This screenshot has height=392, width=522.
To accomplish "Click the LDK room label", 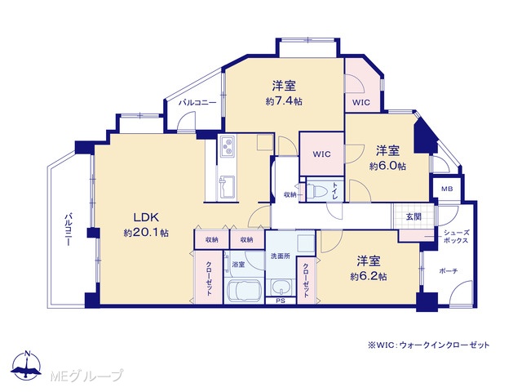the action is pos(146,218).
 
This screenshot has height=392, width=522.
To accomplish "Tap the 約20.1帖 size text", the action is pos(146,232).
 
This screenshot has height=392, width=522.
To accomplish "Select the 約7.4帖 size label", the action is pos(284,101).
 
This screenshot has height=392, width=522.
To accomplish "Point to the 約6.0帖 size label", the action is pos(387,166).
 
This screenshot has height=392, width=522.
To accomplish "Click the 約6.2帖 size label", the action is pos(368,276).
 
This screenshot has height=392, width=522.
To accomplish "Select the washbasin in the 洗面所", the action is pos(281,287).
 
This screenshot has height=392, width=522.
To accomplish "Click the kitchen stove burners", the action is pos(228,146).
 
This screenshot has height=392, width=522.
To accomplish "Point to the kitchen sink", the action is pos(227,187).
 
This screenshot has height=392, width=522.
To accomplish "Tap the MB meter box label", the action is pos(447,189).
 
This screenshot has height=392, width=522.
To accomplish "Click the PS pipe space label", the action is pos(281,301).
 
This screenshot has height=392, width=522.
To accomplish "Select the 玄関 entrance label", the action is pos(414,216).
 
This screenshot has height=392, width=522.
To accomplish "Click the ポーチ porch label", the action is pos(449,271).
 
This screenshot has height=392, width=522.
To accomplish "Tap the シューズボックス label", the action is pos(456,237).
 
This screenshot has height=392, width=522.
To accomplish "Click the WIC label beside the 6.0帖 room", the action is pos(321,154).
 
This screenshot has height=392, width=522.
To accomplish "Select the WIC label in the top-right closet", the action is pos(361,102).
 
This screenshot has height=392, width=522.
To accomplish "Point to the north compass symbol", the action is pos(26,365).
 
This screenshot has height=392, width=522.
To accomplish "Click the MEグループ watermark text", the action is pos(87,376).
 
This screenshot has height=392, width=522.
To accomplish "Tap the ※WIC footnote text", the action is pos(428,345).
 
